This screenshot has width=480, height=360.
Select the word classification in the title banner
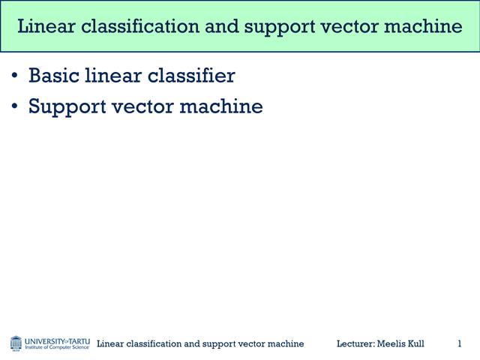coord(136,27)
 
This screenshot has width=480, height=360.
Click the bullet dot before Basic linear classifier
coord(16,76)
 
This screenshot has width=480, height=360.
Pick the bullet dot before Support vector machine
coord(16,107)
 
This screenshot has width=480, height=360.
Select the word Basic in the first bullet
coord(52,76)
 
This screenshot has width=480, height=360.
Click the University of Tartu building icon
coord(16,343)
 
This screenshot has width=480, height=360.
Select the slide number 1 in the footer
coord(459,343)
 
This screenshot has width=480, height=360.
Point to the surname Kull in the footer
coord(414,343)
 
